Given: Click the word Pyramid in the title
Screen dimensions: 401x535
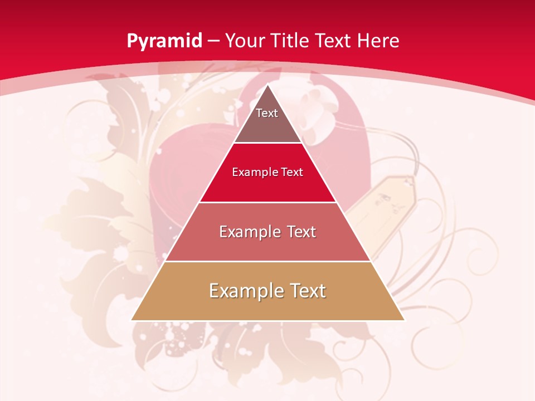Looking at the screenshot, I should (x=164, y=41).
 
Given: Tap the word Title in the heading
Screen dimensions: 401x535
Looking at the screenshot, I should (x=293, y=41).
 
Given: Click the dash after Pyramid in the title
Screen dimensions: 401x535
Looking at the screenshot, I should (x=214, y=41).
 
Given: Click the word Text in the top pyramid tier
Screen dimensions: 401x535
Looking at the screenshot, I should (x=267, y=113).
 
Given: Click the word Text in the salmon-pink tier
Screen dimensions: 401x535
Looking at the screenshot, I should (x=298, y=232).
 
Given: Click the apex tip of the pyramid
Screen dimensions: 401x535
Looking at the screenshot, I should (x=268, y=85).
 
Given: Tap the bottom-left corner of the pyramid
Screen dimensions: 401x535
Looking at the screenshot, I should (x=132, y=320).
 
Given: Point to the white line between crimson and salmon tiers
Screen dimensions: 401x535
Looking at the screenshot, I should (x=267, y=202).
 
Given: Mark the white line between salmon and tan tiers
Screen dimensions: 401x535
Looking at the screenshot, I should (x=267, y=261).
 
